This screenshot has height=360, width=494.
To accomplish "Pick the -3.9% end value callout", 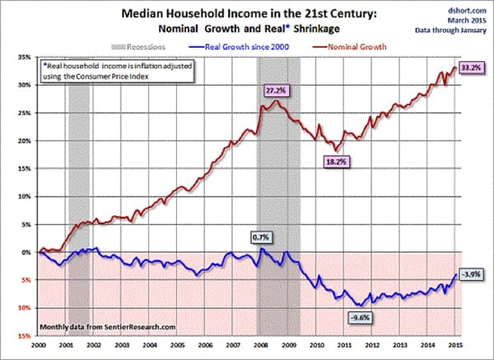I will point(472,274).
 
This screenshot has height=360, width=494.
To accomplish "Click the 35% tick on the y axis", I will point(25,57).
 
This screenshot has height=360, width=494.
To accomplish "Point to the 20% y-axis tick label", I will point(25,141).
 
